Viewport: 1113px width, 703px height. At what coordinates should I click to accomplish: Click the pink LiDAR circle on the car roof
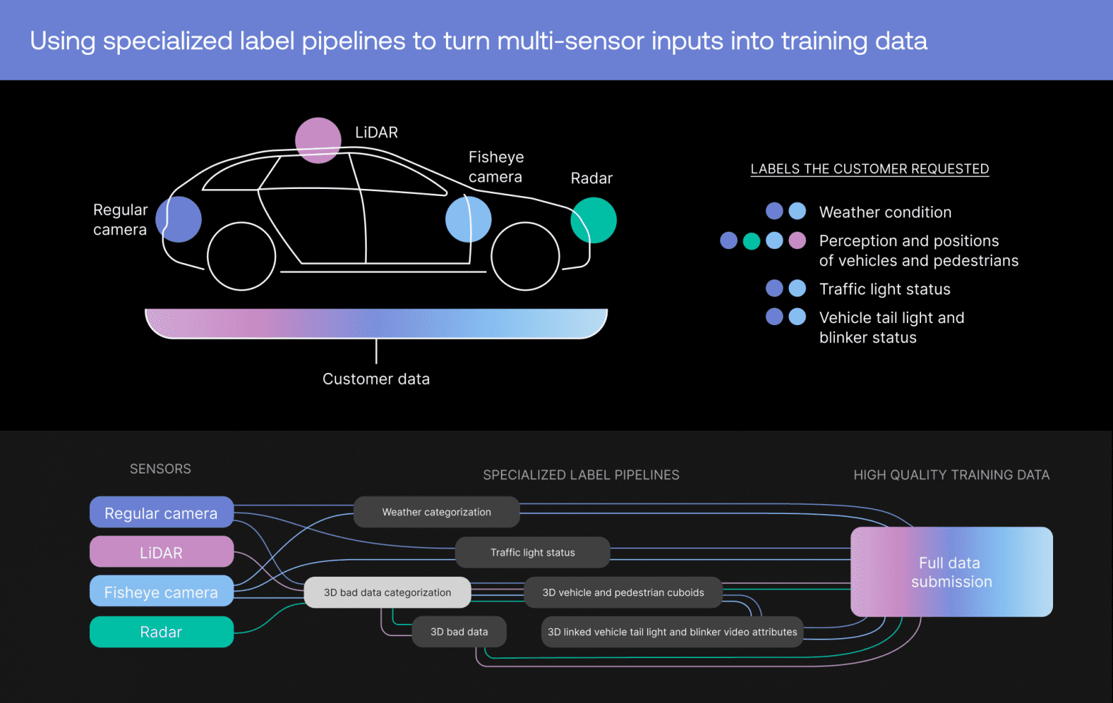(x=318, y=140)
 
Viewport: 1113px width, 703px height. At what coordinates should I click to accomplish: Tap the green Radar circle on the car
(x=593, y=220)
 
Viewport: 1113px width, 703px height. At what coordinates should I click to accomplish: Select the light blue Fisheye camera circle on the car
(x=468, y=220)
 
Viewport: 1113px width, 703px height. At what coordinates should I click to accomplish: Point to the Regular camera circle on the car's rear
(x=178, y=220)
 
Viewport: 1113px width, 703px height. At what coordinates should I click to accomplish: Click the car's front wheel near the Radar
(x=525, y=257)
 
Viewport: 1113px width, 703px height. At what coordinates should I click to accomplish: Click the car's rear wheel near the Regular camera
(x=241, y=257)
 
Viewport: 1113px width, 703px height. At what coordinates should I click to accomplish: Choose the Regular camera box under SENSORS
(x=161, y=513)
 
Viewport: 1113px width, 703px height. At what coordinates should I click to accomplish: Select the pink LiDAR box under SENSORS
(x=161, y=553)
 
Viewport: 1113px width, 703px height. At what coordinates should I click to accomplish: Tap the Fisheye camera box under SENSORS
(x=161, y=592)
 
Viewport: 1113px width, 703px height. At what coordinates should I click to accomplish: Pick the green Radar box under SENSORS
(x=161, y=632)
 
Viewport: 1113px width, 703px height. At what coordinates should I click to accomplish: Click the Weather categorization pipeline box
(x=437, y=512)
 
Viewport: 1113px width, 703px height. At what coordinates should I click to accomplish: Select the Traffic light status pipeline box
(x=532, y=553)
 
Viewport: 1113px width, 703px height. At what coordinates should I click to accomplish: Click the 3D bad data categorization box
(x=387, y=592)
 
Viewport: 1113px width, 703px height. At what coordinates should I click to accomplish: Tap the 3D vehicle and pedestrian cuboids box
(x=623, y=592)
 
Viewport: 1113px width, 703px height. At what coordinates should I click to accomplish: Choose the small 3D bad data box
(x=459, y=632)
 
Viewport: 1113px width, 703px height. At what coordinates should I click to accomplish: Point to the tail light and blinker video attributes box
(x=672, y=632)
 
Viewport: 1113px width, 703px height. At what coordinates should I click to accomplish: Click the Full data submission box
(x=951, y=572)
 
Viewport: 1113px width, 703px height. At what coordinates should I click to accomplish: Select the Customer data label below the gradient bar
(x=376, y=379)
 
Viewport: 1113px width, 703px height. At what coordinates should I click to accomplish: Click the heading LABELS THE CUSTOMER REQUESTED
(x=870, y=169)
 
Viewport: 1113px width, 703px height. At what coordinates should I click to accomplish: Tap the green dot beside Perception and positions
(x=751, y=241)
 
